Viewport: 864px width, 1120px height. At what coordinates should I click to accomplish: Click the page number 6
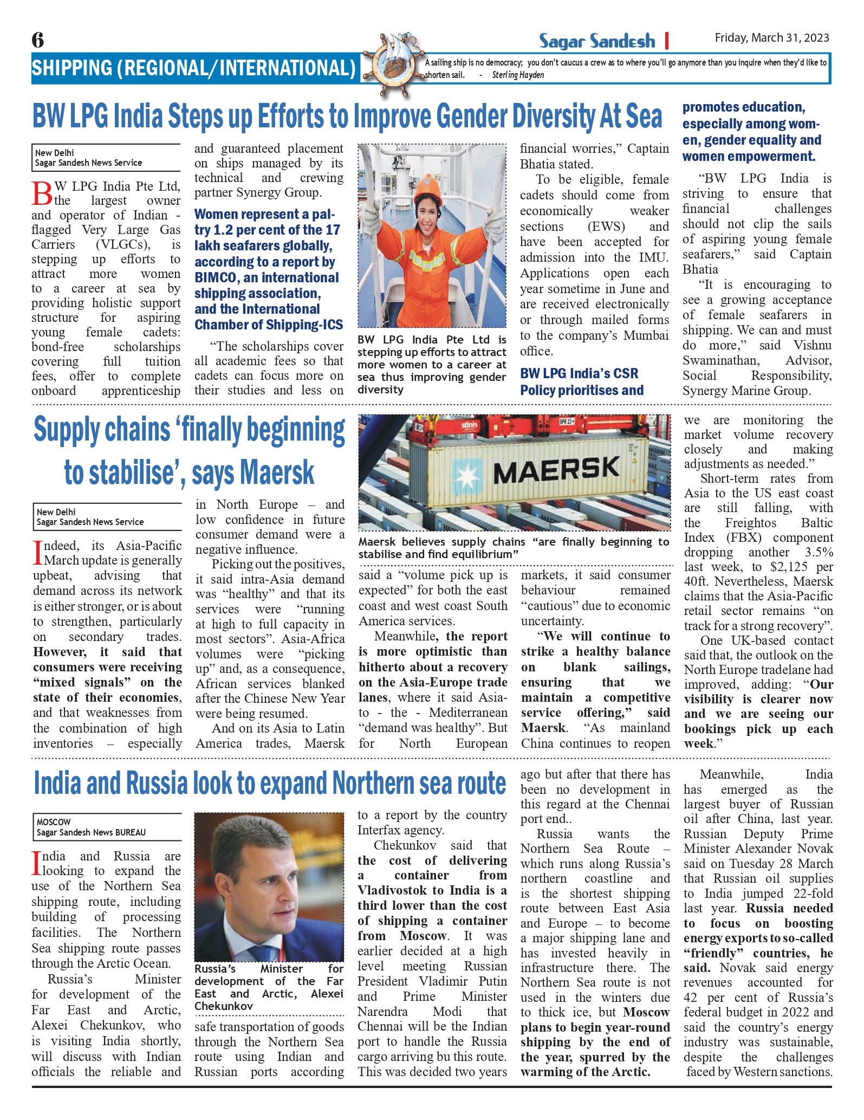pos(38,40)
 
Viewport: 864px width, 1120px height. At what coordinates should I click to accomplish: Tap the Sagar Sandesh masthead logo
pos(596,41)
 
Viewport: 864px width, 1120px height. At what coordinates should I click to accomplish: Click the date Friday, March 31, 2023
pos(771,38)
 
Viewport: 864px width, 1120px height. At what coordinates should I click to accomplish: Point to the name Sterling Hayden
pos(518,75)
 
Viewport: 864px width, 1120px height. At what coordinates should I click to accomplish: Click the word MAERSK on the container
pos(556,470)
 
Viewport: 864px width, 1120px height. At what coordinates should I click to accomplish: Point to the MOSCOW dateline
pos(54,821)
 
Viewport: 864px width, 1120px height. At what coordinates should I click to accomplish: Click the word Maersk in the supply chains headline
pos(277,472)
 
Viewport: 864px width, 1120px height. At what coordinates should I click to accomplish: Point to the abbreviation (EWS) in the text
pos(606,226)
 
